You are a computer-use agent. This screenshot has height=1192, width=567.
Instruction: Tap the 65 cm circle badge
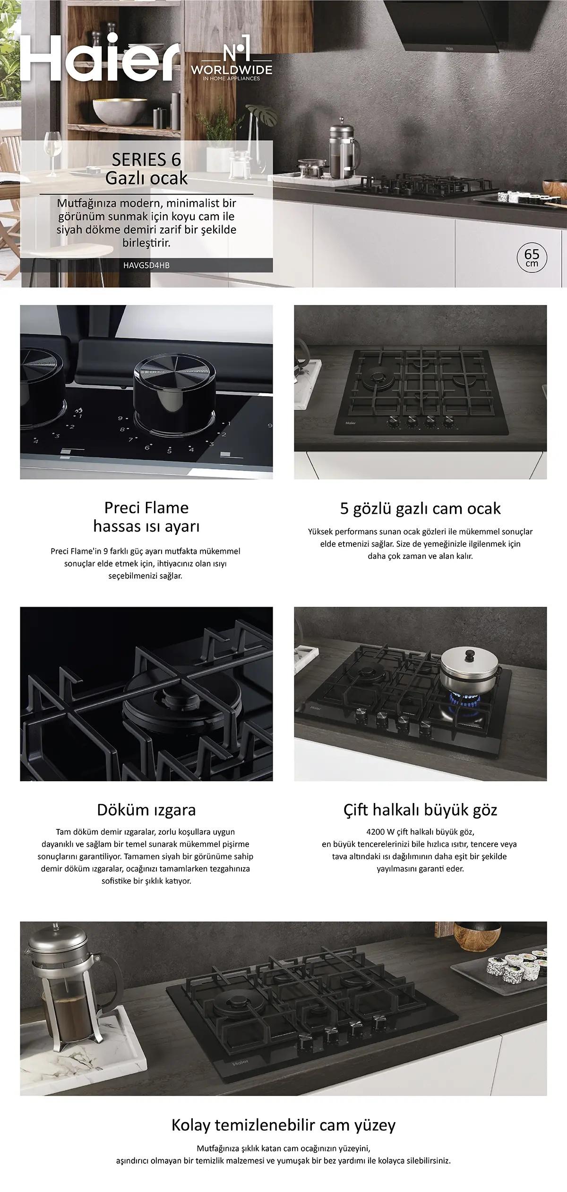point(532,257)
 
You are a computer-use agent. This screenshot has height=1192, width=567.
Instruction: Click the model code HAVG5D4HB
point(146,265)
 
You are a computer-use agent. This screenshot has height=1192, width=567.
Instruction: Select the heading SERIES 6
point(146,160)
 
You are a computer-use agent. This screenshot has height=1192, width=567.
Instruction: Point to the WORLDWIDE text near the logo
point(232,70)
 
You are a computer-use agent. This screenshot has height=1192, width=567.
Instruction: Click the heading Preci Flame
point(146,507)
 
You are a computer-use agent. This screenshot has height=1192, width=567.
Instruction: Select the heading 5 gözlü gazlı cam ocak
point(421,508)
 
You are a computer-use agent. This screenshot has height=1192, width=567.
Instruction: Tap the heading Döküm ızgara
point(146,810)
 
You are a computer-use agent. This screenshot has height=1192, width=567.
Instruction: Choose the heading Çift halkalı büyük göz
point(421,810)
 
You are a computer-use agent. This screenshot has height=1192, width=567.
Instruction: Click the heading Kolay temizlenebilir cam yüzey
point(283,1125)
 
